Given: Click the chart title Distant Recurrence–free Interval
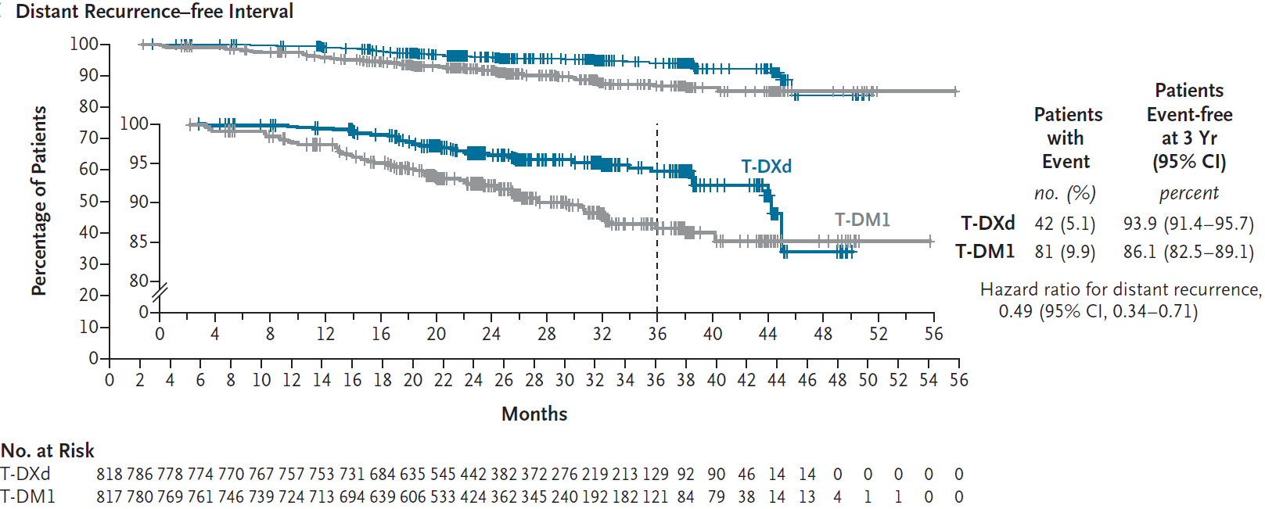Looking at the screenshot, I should [x=154, y=12].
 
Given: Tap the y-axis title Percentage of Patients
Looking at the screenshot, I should [x=39, y=201].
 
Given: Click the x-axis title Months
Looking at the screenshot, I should [x=534, y=414].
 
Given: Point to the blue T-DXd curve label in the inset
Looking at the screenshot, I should [x=766, y=167].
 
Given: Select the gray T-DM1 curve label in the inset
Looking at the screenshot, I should [x=862, y=220].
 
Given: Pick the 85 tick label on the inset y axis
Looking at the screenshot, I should [x=138, y=242].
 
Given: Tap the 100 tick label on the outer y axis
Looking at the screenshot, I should [x=84, y=44].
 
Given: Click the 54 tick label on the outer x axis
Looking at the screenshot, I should [x=929, y=380].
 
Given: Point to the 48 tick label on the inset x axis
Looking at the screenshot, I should [x=823, y=334].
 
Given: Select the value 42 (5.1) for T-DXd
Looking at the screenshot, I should [x=1065, y=224].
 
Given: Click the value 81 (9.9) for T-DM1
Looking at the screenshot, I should [x=1065, y=252].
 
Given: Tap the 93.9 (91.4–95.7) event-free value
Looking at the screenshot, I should [x=1188, y=224].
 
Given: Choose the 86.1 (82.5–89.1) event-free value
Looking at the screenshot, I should [x=1188, y=252].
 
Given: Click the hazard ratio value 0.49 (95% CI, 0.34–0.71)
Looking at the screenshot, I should [x=1098, y=311].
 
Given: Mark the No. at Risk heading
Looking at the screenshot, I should [x=48, y=451].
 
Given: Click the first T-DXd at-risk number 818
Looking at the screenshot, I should [x=109, y=475].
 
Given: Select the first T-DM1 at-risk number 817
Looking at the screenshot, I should [x=109, y=496].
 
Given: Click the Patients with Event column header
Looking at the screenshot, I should [x=1067, y=138].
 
